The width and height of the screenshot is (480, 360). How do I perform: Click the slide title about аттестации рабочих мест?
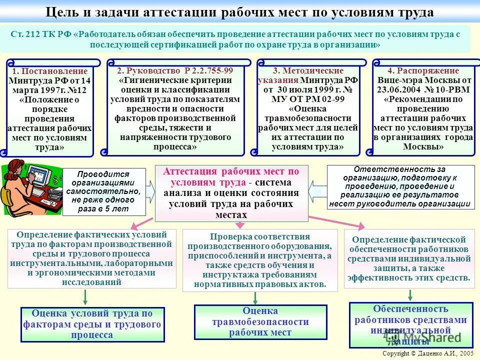pyautogui.click(x=239, y=11)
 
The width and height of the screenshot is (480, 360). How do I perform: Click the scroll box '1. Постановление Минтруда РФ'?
pyautogui.click(x=50, y=109)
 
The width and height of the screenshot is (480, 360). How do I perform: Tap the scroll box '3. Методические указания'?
pyautogui.click(x=308, y=109)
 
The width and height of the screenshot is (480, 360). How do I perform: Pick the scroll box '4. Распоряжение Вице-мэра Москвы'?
pyautogui.click(x=423, y=109)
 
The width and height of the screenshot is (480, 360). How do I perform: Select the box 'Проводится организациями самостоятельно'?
pyautogui.click(x=103, y=192)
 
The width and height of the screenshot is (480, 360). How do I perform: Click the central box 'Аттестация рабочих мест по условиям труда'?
pyautogui.click(x=231, y=193)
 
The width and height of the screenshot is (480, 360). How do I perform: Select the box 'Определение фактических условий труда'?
pyautogui.click(x=92, y=258)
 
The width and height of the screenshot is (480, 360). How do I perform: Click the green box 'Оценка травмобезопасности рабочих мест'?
pyautogui.click(x=260, y=322)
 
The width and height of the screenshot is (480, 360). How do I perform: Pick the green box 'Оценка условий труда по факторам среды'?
pyautogui.click(x=92, y=324)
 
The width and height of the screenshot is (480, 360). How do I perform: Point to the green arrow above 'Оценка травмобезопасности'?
pyautogui.click(x=255, y=298)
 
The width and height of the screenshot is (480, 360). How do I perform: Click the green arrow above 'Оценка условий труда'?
pyautogui.click(x=85, y=297)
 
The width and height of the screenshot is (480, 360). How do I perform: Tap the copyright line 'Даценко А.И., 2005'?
pyautogui.click(x=427, y=353)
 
